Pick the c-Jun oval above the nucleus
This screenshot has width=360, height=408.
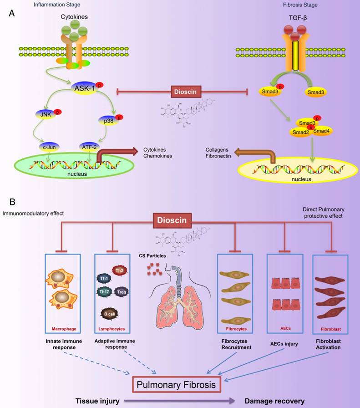coord(49,148)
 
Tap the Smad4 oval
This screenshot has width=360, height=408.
coord(320,132)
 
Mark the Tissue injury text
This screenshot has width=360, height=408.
coord(98,401)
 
